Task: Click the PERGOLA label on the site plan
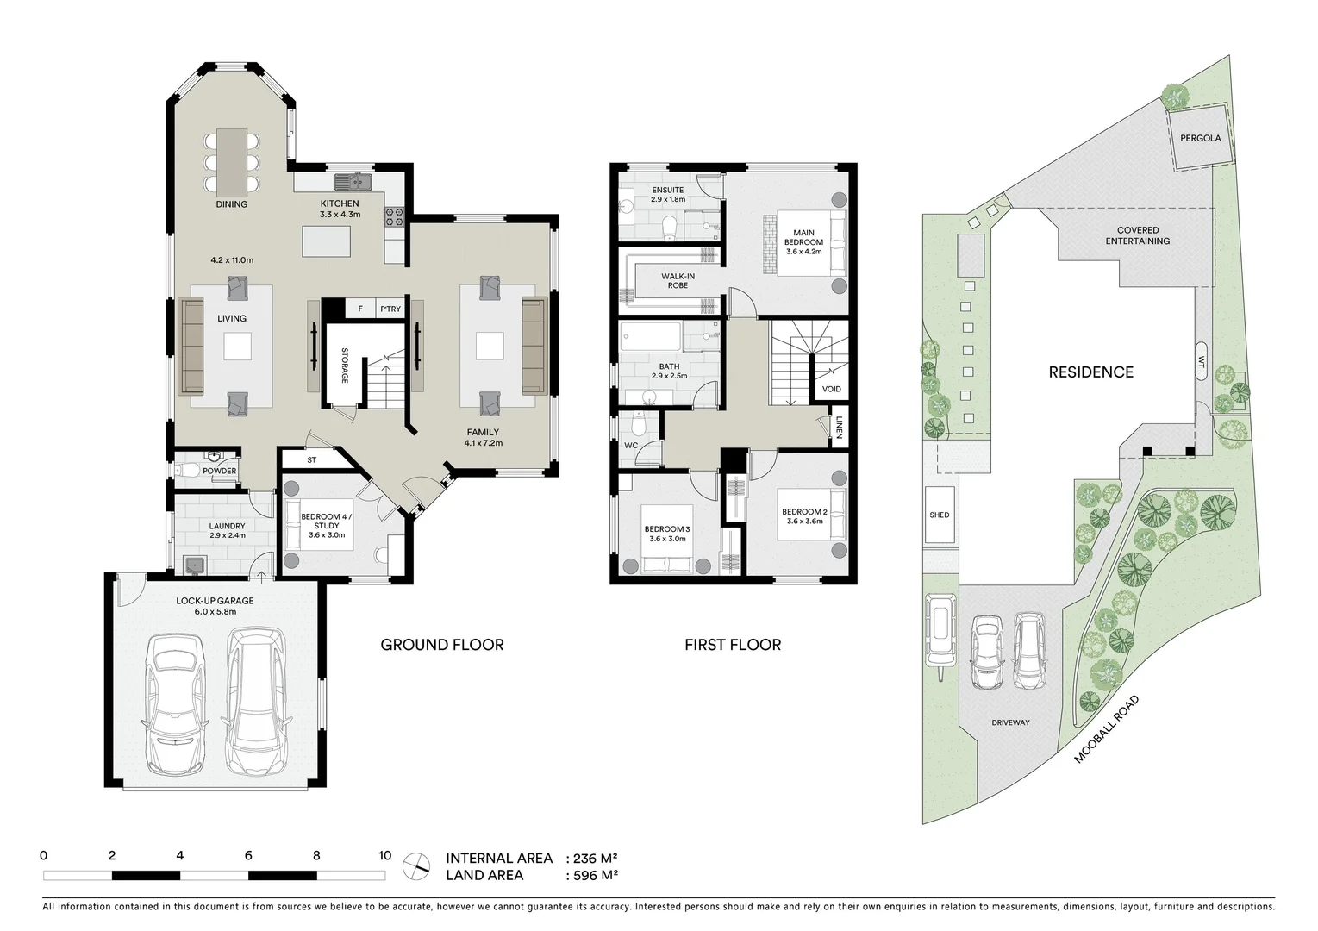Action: tap(1201, 138)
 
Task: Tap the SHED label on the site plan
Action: tap(940, 515)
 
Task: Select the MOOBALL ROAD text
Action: tap(1108, 729)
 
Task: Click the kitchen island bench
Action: tap(331, 241)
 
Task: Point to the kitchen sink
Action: tap(354, 181)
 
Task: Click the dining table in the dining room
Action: tap(231, 161)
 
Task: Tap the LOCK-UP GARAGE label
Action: tap(216, 601)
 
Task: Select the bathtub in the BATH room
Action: tap(652, 336)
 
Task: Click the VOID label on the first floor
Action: tap(831, 389)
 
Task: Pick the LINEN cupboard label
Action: tap(839, 428)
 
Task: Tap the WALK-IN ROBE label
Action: tap(678, 280)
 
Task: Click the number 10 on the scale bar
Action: tap(384, 856)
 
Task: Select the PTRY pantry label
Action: tap(390, 309)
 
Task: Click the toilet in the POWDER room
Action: tap(186, 471)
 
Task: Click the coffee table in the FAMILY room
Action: tap(490, 346)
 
